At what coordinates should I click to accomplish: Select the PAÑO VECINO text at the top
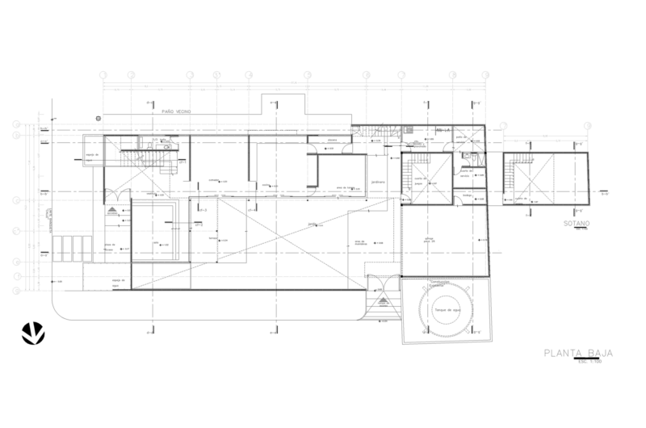point(177,111)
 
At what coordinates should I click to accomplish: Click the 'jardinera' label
point(376,182)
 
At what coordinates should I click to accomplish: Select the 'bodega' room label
point(466,195)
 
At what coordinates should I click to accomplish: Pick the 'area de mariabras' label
point(361,242)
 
